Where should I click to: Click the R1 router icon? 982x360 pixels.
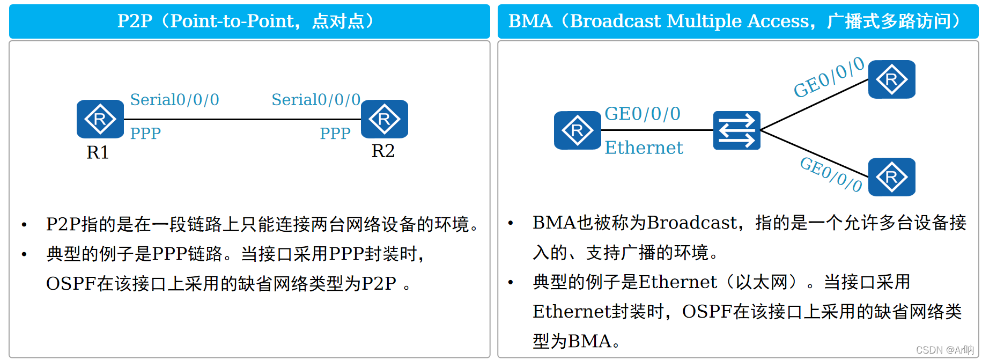[100, 119]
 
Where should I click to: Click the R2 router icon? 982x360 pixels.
[385, 119]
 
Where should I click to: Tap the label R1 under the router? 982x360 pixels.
[98, 153]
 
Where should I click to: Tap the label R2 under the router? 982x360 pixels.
[383, 151]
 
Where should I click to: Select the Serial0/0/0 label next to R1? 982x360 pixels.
[175, 100]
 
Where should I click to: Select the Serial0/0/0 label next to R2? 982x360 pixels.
[316, 100]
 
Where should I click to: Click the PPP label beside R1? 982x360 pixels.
[145, 134]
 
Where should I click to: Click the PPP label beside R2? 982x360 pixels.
[335, 134]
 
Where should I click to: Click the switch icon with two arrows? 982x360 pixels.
[737, 130]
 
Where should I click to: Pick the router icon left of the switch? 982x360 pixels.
[578, 130]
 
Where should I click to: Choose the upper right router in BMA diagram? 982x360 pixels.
[892, 79]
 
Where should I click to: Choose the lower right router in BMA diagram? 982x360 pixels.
[892, 177]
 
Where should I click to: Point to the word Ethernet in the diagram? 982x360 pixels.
[644, 148]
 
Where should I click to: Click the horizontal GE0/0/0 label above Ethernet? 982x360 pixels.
[643, 114]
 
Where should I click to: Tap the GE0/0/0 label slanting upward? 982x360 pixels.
[829, 77]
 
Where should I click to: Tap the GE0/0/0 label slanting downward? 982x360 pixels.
[831, 174]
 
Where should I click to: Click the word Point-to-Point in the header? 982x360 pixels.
[232, 21]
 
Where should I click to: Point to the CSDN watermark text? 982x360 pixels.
[945, 350]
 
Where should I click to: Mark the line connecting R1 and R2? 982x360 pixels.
[242, 119]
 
